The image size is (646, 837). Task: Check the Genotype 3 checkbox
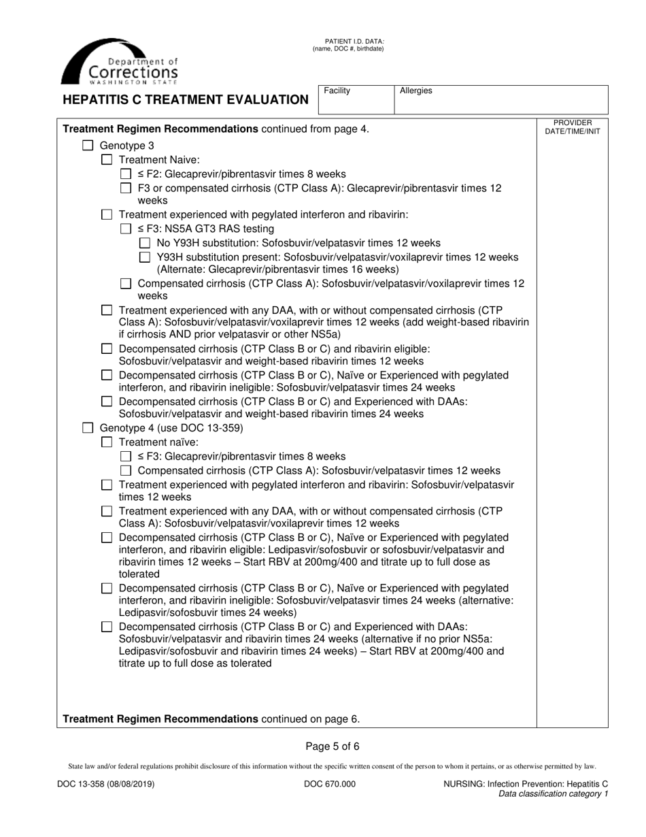coord(87,146)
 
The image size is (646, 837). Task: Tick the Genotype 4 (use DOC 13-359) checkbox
coord(87,428)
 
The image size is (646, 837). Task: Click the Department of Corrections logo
coord(120,61)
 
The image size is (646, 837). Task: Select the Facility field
coord(356,99)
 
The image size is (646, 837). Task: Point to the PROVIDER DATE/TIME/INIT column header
coord(573,127)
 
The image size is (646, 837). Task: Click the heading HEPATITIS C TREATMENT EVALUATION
coord(186,100)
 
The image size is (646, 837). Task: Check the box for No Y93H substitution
coord(144,243)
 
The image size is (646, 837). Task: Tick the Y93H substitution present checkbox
coord(144,257)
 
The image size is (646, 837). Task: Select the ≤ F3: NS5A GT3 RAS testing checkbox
coord(125,229)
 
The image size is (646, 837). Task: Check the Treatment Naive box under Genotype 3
coord(106,159)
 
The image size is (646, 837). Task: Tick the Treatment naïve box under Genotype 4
coord(106,442)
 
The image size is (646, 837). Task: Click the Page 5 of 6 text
coord(333,746)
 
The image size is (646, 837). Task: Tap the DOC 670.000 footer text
coord(329,784)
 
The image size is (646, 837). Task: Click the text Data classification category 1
coord(553,793)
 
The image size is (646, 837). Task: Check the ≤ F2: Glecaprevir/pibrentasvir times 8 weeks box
coord(125,174)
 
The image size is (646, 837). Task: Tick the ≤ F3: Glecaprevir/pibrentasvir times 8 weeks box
coord(125,457)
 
